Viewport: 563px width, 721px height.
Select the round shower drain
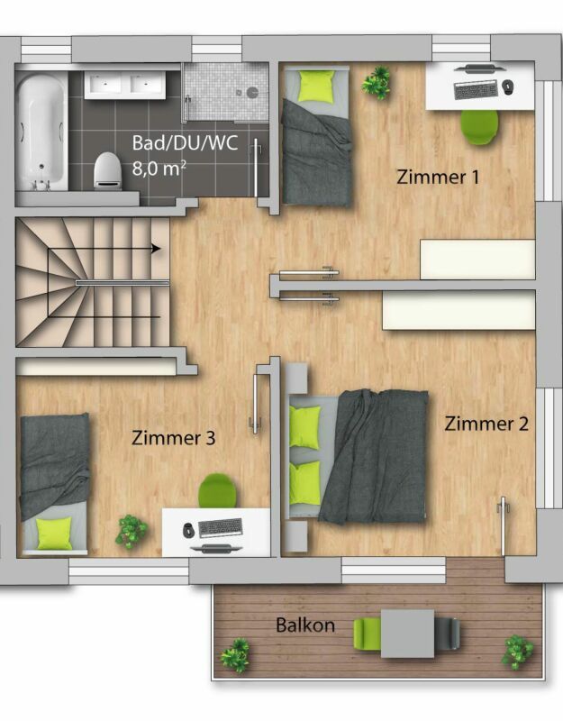tap(252, 92)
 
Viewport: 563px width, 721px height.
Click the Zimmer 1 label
tap(438, 177)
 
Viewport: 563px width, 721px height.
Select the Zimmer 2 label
tap(486, 424)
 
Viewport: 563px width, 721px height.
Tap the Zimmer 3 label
tap(173, 439)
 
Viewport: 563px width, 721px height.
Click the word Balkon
tap(305, 625)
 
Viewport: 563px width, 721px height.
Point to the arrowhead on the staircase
tap(157, 249)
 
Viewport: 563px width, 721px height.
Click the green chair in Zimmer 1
tap(479, 126)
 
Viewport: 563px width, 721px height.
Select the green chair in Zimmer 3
tap(217, 491)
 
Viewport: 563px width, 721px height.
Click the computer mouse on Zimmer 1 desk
tap(508, 87)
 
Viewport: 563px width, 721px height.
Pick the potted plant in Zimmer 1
tap(376, 82)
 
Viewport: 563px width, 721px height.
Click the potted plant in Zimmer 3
tap(132, 531)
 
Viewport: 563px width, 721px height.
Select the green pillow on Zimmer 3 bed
tap(55, 533)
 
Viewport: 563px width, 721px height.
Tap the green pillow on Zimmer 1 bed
tap(316, 86)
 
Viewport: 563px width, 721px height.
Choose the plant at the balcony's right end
tap(517, 651)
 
